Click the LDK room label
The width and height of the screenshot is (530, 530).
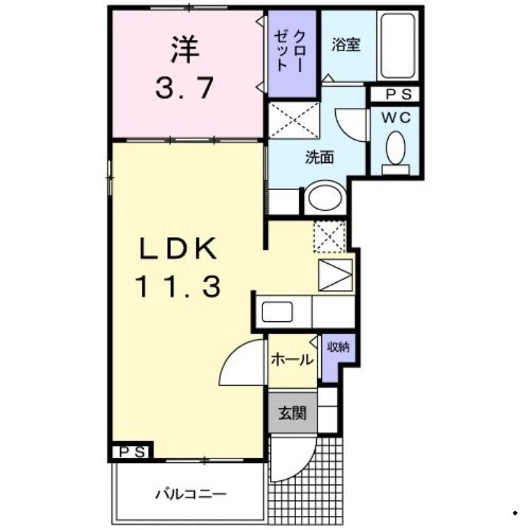178,250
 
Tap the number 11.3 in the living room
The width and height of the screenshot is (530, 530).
178,287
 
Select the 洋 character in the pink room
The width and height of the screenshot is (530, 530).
185,49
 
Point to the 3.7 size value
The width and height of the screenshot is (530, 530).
185,87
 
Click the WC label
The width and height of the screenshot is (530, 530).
396,118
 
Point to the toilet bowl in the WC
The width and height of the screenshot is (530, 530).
396,148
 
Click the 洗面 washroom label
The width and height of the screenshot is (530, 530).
319,158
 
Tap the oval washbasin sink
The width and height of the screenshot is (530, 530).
325,197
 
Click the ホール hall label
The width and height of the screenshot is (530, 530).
292,360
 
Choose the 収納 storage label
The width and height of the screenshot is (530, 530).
338,346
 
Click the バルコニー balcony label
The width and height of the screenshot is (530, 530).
191,494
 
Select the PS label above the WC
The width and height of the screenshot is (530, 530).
396,93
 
